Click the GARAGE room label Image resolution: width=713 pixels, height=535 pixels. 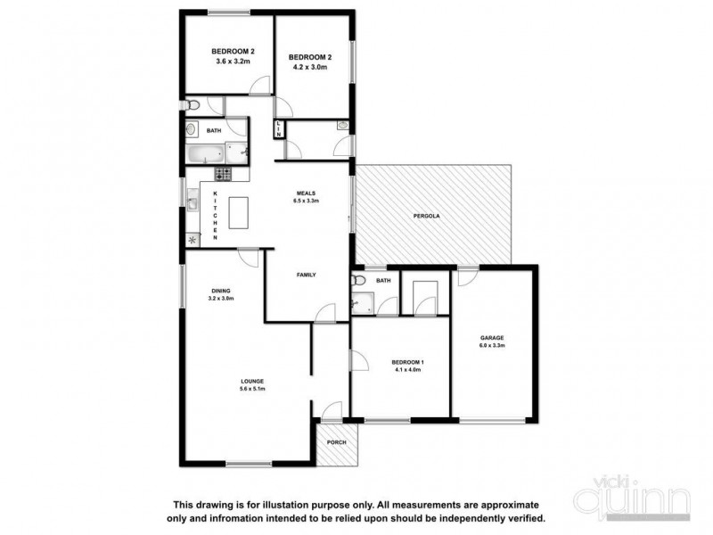coord(492,338)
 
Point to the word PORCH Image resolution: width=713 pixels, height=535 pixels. coord(337,442)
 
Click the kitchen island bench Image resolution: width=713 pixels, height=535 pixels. coord(240,213)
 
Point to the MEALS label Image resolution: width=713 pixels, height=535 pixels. coord(307,193)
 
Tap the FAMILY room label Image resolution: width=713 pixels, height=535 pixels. coord(307,275)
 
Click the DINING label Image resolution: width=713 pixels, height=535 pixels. coord(221,290)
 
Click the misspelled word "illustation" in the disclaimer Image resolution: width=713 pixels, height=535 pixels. coord(290,504)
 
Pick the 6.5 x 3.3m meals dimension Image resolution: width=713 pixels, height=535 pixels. coord(307,202)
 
